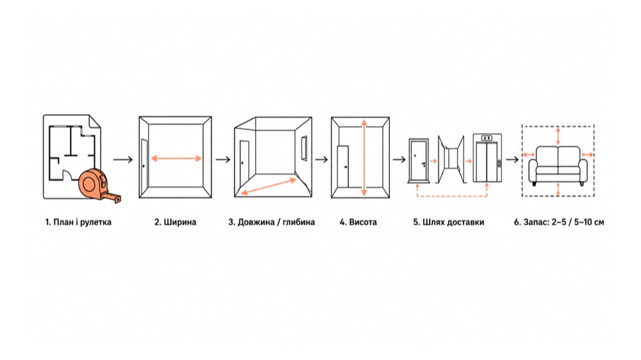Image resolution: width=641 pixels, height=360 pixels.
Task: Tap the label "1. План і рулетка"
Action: coord(78,222)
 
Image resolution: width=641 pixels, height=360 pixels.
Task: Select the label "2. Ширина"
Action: coord(176,222)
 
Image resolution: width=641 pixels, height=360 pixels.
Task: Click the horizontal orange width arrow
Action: coord(176,159)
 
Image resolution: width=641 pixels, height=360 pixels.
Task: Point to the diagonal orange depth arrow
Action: coord(268,186)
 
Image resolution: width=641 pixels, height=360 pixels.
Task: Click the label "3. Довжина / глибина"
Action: coord(271,222)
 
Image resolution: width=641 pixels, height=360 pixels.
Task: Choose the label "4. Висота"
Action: coord(358,222)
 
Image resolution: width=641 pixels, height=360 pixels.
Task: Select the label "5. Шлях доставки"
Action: coord(449,222)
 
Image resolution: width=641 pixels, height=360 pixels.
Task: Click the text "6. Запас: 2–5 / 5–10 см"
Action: coord(559,222)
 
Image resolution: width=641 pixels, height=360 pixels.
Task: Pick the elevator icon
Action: coord(487,158)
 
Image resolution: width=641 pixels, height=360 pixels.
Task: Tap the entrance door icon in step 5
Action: coord(419,161)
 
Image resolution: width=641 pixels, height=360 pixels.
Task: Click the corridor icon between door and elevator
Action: coord(451,159)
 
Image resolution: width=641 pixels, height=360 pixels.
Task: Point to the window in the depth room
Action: coord(304,149)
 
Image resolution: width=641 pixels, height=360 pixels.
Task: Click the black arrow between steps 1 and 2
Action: coord(123,160)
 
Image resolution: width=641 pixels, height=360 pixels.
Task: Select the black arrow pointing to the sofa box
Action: coord(512,160)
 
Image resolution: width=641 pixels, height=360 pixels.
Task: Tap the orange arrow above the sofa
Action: coord(558,136)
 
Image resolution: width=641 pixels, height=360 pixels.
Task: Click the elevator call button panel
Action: coord(499,163)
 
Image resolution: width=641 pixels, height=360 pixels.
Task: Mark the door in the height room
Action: coord(343,167)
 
